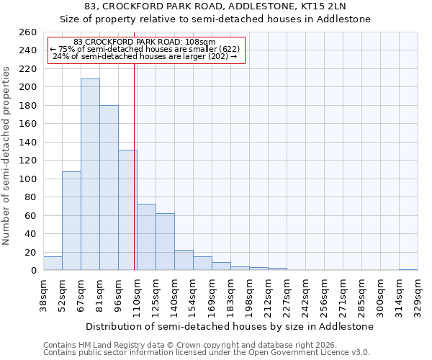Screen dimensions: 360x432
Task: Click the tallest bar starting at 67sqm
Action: pos(90,174)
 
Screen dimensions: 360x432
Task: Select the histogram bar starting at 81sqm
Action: pos(109,188)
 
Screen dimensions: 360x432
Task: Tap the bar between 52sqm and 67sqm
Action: pos(71,220)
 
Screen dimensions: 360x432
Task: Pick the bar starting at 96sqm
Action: pos(127,210)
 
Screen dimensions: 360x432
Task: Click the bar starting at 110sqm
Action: pos(146,237)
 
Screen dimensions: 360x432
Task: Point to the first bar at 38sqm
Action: pos(53,264)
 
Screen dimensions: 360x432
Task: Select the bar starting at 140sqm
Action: pos(184,260)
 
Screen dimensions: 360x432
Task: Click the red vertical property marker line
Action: pos(135,166)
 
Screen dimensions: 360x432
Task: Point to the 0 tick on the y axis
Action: pos(33,271)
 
